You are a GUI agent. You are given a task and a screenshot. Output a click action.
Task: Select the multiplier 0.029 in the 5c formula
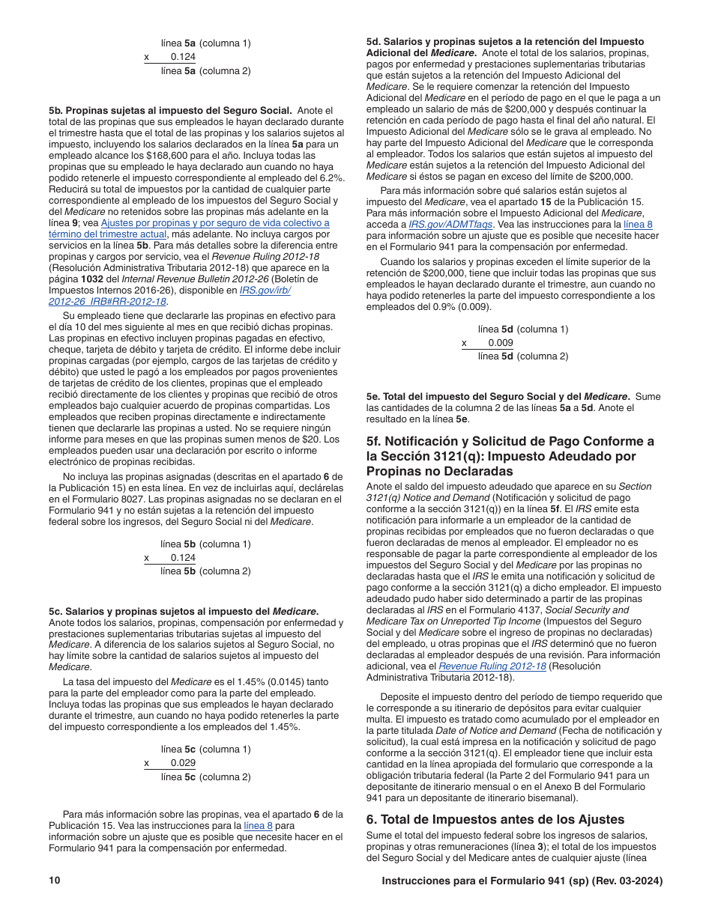[183, 763]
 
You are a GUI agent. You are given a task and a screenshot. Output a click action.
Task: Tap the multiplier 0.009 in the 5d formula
[500, 343]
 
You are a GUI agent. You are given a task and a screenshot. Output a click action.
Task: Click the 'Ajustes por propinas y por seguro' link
[214, 223]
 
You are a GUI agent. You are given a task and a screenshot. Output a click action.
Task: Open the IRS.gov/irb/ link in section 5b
[265, 291]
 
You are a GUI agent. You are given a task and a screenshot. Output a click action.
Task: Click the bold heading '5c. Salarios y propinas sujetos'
[184, 611]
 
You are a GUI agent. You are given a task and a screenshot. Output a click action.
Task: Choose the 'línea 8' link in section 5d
[638, 224]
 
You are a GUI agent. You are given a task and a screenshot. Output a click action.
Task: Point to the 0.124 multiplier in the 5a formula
[183, 57]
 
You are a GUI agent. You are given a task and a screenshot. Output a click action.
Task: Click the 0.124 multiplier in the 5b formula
[183, 558]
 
